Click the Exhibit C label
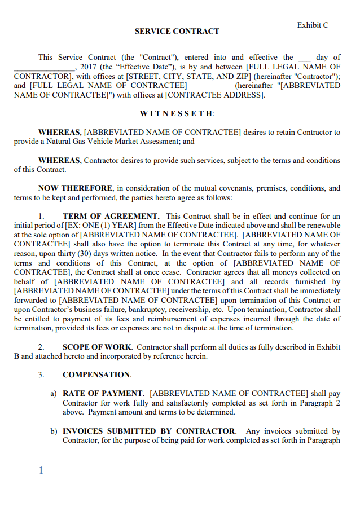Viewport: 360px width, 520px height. (x=313, y=25)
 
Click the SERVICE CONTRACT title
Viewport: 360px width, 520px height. (x=177, y=32)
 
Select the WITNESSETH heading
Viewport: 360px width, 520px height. (x=177, y=113)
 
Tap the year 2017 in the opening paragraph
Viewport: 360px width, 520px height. (x=89, y=67)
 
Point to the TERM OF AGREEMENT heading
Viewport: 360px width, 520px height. (x=111, y=216)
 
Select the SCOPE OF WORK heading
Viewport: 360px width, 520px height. (x=97, y=347)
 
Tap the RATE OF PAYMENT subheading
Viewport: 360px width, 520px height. (x=103, y=393)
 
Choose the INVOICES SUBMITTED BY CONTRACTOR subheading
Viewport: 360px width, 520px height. (x=149, y=431)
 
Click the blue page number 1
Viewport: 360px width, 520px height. (x=41, y=470)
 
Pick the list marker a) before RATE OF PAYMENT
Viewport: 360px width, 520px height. (x=54, y=393)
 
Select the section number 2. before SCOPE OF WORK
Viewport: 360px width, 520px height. (x=41, y=347)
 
